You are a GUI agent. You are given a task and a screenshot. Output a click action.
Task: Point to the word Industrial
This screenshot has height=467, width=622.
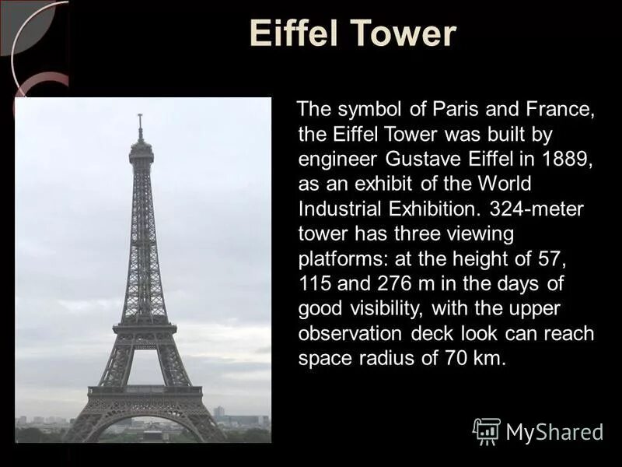tap(338, 209)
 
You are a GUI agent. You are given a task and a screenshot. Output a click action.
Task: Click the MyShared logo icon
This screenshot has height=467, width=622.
tap(486, 430)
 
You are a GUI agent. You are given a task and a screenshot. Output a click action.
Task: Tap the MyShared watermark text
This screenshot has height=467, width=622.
tap(554, 431)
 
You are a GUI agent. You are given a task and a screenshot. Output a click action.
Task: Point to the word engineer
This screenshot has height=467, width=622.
tap(338, 160)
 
